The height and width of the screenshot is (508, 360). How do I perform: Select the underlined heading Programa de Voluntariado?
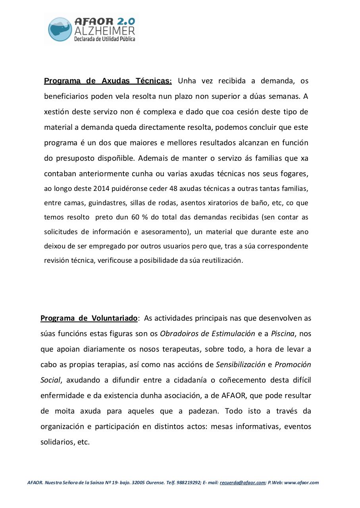(x=89, y=318)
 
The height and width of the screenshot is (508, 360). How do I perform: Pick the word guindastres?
(x=107, y=203)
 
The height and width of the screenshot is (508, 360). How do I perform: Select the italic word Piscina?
(x=283, y=333)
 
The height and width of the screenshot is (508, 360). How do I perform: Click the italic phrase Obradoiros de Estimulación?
(x=207, y=333)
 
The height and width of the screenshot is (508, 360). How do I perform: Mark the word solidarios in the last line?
(x=57, y=442)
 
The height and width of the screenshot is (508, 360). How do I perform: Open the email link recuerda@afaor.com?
(x=242, y=483)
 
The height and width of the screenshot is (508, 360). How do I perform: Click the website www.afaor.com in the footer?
(x=301, y=483)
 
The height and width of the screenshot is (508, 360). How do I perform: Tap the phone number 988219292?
(x=189, y=483)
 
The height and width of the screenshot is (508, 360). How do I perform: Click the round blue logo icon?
(x=60, y=29)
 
